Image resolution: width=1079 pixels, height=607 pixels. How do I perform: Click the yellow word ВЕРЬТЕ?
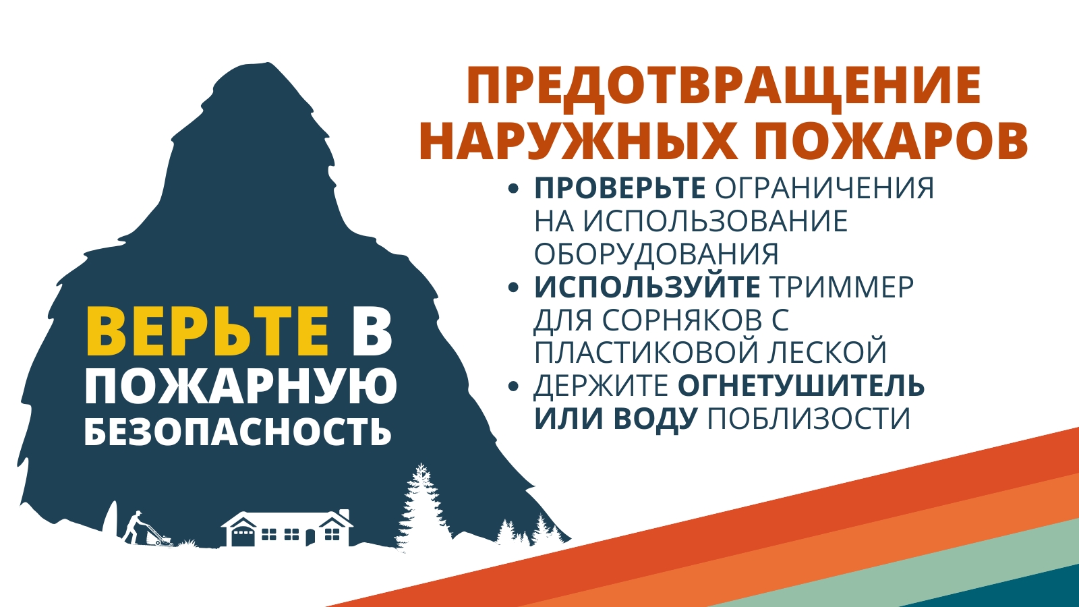pyautogui.click(x=208, y=332)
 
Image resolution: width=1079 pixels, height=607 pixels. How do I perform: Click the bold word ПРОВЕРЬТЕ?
pyautogui.click(x=620, y=188)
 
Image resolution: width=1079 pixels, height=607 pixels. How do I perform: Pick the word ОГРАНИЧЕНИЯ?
pyautogui.click(x=824, y=188)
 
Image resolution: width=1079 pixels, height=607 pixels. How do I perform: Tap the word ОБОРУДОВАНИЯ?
pyautogui.click(x=656, y=254)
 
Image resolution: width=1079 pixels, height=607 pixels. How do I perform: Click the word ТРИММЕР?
pyautogui.click(x=841, y=287)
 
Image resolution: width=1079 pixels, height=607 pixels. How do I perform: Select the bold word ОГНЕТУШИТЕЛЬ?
pyautogui.click(x=802, y=385)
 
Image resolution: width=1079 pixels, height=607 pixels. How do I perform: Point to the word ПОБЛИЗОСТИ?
pyautogui.click(x=809, y=417)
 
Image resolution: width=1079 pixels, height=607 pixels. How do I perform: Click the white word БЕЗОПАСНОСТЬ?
pyautogui.click(x=238, y=430)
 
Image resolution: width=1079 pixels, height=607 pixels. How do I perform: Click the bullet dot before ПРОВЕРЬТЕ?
pyautogui.click(x=513, y=189)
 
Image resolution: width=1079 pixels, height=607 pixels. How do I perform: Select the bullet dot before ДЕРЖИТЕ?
pyautogui.click(x=513, y=386)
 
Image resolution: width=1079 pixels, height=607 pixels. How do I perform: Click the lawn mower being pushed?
pyautogui.click(x=160, y=536)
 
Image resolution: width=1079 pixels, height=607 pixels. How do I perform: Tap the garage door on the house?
pyautogui.click(x=242, y=536)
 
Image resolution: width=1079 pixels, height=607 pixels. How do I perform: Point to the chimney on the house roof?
pyautogui.click(x=344, y=513)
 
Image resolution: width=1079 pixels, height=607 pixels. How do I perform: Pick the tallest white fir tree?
pyautogui.click(x=420, y=506)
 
